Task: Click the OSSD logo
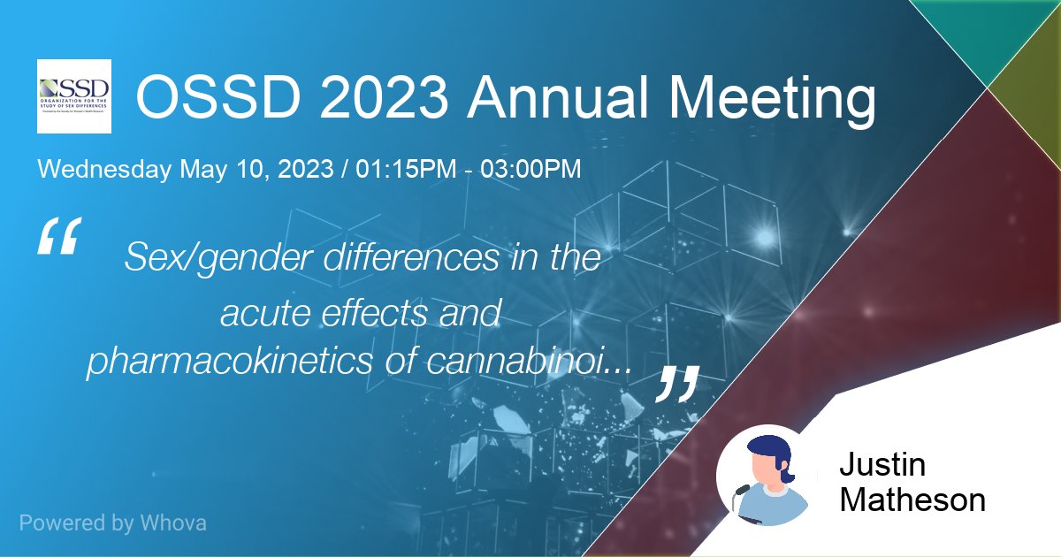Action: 74,95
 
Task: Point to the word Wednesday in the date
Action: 104,170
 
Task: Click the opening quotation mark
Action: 60,236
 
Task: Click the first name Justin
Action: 882,466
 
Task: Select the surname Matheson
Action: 912,500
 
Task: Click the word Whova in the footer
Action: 173,523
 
